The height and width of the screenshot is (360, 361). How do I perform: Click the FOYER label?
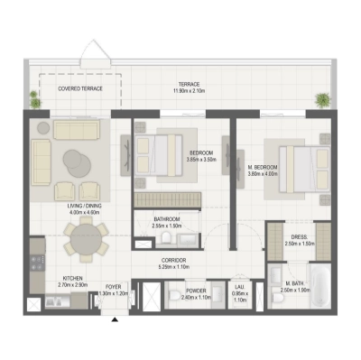[114, 289]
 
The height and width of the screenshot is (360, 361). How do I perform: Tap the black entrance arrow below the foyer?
[113, 317]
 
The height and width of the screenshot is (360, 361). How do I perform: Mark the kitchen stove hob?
[37, 263]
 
